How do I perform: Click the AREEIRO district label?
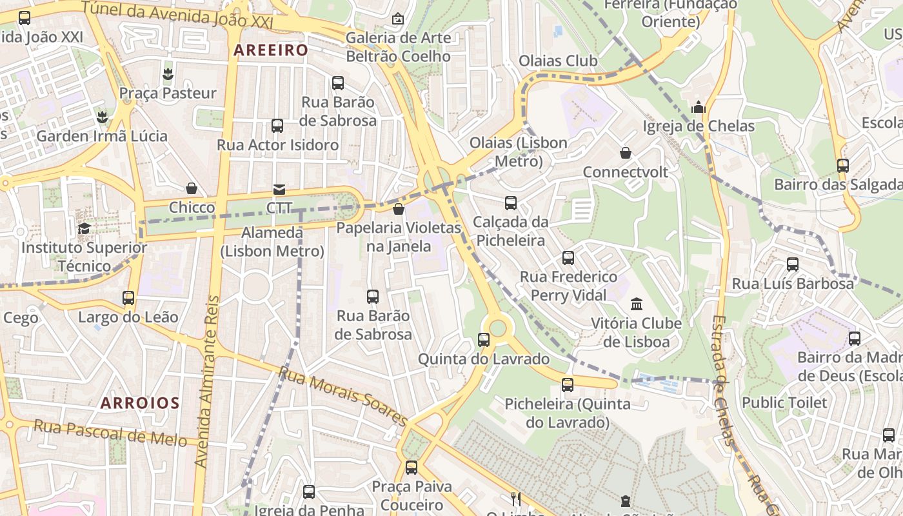[271, 50]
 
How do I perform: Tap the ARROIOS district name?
[140, 403]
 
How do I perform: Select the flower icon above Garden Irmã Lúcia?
[101, 117]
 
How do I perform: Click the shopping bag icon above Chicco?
[192, 188]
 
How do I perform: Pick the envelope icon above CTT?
[279, 189]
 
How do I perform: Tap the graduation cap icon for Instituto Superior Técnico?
[84, 228]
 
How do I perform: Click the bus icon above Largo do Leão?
[128, 297]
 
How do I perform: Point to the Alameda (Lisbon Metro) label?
[272, 241]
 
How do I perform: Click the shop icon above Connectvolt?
[625, 153]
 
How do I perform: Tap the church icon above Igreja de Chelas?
[698, 107]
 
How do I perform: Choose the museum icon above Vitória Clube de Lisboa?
[637, 304]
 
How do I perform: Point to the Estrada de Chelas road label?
[723, 381]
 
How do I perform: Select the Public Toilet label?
[784, 402]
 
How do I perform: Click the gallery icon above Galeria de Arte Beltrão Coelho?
[398, 19]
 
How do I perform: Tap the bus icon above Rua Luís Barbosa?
[792, 264]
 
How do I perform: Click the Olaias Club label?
[558, 61]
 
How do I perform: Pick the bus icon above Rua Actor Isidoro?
[277, 125]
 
